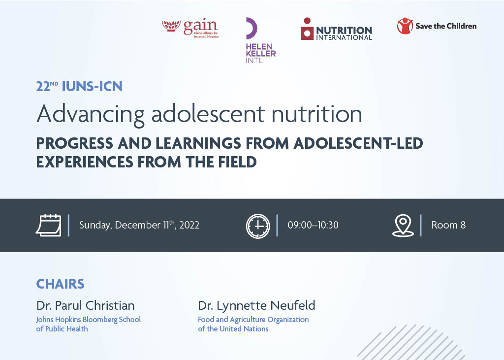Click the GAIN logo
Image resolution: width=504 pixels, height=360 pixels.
(190, 29)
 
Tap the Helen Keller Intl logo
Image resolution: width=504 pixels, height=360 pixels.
(260, 41)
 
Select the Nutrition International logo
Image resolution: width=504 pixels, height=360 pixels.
(336, 29)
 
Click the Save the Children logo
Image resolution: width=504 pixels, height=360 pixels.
(437, 26)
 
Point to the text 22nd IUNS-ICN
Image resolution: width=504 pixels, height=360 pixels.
(79, 87)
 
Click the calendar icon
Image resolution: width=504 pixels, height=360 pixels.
(48, 226)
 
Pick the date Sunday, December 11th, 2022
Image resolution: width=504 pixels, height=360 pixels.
(139, 225)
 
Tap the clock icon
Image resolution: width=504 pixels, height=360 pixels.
(258, 226)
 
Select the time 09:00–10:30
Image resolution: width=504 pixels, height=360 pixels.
(313, 225)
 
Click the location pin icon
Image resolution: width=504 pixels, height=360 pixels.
(403, 226)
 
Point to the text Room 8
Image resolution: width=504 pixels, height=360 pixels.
(448, 225)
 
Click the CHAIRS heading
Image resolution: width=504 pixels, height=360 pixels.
(60, 284)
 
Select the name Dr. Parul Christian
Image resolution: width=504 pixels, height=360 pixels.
(85, 305)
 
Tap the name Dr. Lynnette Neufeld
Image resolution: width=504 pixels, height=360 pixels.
(256, 305)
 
